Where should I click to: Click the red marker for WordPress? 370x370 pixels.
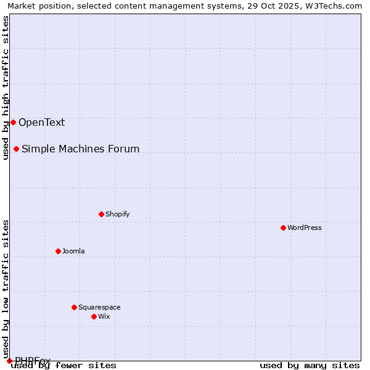tap(283, 228)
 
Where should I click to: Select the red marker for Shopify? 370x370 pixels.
tap(101, 214)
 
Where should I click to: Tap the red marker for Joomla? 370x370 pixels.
tap(58, 251)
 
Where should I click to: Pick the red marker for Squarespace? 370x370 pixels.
tap(74, 307)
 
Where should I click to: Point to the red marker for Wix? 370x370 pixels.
tap(94, 316)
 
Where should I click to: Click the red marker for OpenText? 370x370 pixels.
tap(13, 122)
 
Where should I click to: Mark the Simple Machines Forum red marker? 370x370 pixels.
tap(16, 149)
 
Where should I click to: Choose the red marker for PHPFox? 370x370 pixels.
tap(9, 361)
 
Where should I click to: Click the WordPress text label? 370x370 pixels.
tap(305, 228)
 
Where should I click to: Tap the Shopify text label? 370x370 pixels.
tap(117, 214)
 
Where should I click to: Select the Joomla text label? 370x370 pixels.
tap(73, 251)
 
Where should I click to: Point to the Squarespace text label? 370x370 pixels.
tap(99, 307)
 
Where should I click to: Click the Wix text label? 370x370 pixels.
tap(104, 316)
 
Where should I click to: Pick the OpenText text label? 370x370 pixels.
tap(41, 122)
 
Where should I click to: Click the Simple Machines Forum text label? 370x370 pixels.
tap(80, 149)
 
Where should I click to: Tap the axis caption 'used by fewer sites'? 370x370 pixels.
tap(64, 365)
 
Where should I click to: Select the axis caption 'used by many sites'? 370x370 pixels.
tap(310, 365)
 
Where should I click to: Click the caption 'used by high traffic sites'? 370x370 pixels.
tap(6, 88)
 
